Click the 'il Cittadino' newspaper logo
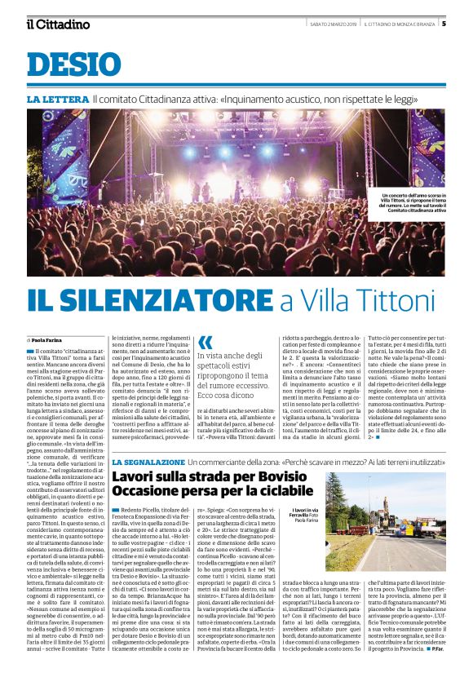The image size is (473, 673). tap(58, 24)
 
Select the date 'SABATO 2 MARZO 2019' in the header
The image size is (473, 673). tap(328, 24)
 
